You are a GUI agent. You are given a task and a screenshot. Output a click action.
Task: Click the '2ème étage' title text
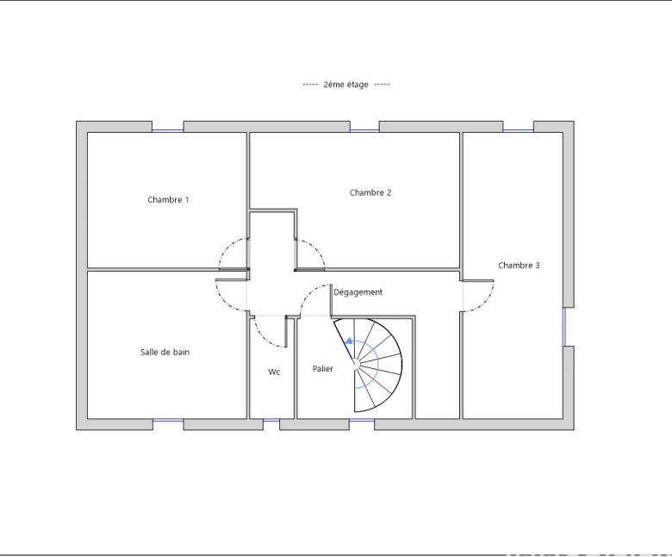[345, 84]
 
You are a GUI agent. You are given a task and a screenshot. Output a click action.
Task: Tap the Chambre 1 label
[168, 200]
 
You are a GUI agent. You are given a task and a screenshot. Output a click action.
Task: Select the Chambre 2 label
[370, 192]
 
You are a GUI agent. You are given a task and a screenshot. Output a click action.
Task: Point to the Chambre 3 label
[519, 266]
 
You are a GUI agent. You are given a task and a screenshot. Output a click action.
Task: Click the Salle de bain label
[165, 352]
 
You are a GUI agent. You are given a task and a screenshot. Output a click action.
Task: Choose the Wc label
[274, 372]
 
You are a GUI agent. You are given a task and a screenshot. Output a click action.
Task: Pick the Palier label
[323, 369]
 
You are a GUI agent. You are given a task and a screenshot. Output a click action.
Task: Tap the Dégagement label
[358, 292]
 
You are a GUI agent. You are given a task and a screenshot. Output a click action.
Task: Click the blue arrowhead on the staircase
[349, 341]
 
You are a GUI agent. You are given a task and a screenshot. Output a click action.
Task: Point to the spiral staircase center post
[355, 364]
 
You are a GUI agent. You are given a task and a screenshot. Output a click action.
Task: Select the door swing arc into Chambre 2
[316, 248]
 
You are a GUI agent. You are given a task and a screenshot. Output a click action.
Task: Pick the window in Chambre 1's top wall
[168, 130]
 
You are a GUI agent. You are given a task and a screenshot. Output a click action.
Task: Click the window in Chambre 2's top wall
[364, 130]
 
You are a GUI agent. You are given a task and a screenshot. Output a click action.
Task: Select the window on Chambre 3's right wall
[564, 327]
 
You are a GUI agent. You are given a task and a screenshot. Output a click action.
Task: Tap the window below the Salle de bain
[168, 421]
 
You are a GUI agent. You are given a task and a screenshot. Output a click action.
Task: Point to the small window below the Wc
[271, 421]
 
